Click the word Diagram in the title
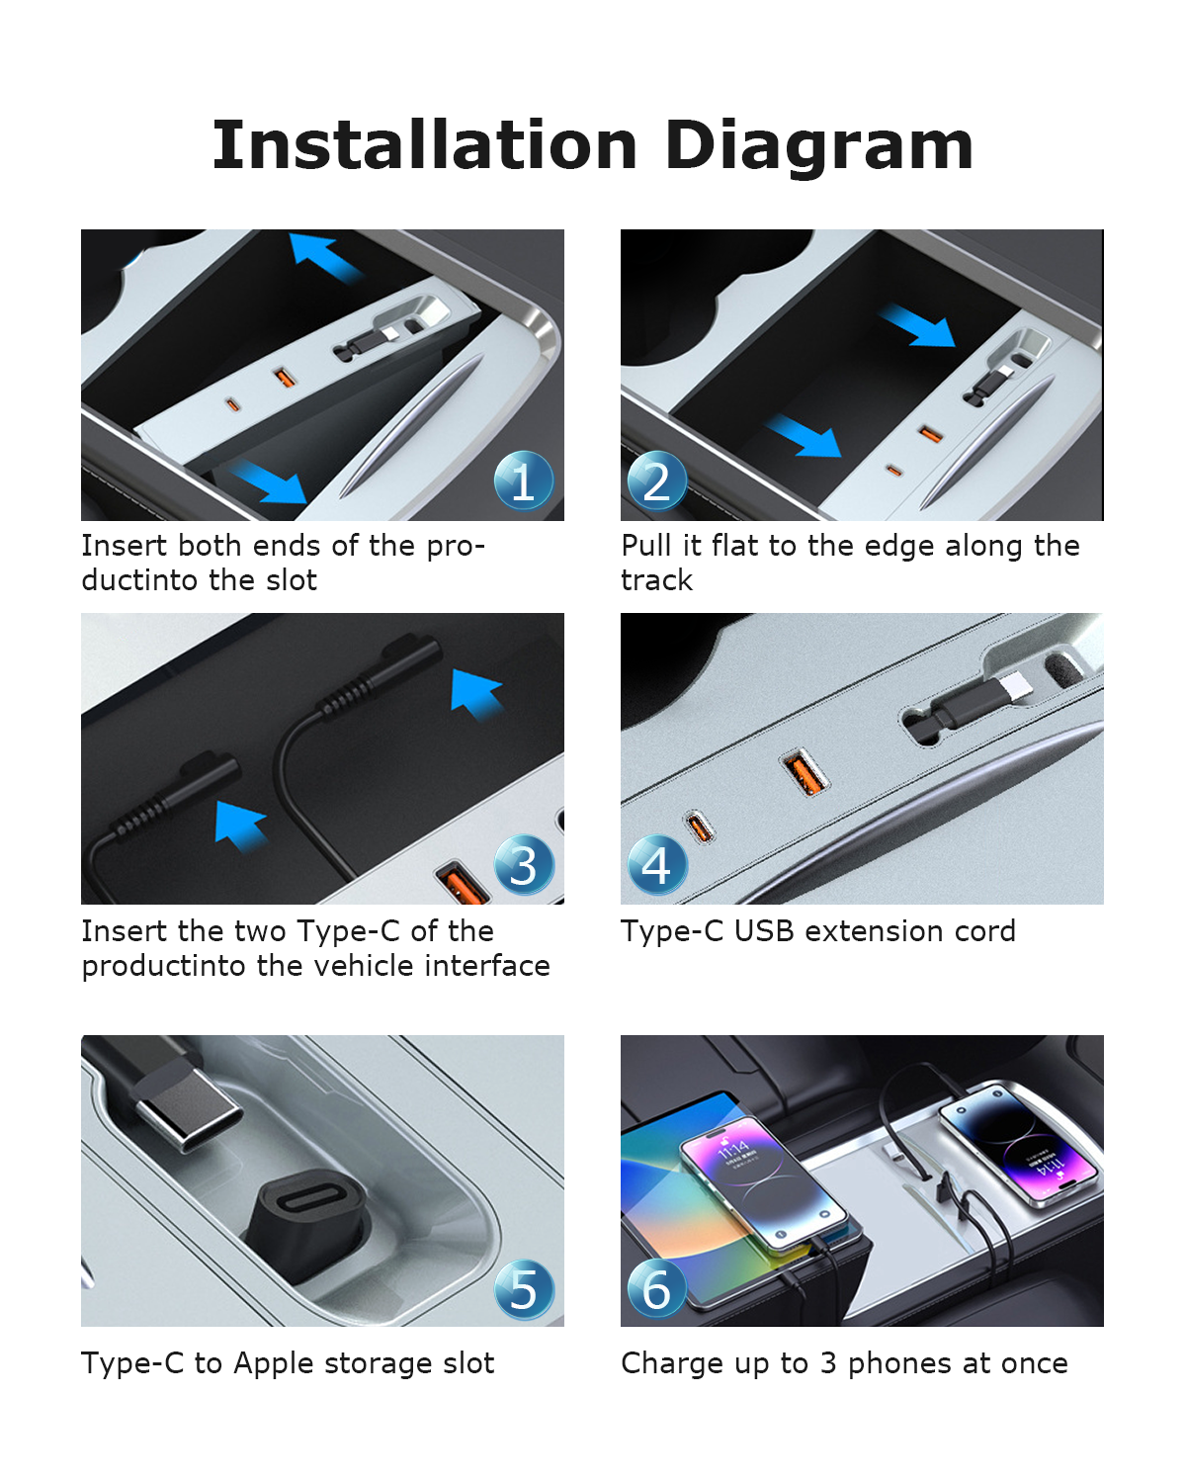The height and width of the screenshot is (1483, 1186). point(818,146)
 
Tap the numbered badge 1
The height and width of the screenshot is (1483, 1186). point(524,480)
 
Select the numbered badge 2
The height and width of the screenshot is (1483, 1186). point(656,480)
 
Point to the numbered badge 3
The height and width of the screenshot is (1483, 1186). point(524,864)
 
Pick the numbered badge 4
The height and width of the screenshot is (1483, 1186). point(656,864)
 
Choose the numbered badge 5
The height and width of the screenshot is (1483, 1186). point(524,1288)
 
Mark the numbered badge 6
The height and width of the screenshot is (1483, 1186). point(656,1288)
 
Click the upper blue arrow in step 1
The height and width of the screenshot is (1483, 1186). point(324,257)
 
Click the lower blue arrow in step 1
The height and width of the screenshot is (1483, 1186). point(270,481)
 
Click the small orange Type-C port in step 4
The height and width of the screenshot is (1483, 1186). point(698,827)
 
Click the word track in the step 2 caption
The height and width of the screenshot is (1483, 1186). point(656,580)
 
